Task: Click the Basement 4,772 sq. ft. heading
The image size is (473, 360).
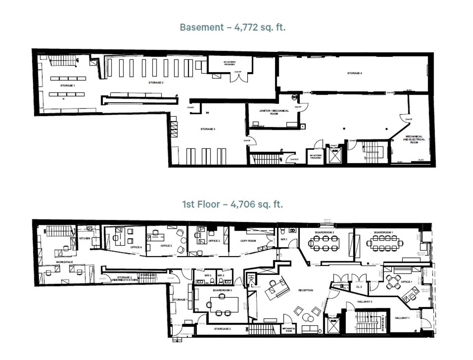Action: coord(232,27)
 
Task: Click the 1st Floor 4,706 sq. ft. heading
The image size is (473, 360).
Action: coord(232,204)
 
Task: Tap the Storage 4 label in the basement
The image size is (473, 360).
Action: coord(354,73)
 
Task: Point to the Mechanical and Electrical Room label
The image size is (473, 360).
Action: coord(414,139)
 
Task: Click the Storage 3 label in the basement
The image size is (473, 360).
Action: coord(207,129)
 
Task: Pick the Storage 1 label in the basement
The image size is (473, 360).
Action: coord(67,86)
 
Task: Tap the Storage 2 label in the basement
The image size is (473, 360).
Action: coord(156,83)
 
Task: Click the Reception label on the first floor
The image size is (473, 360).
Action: coord(306,291)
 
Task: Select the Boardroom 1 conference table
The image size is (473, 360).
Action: coord(385,243)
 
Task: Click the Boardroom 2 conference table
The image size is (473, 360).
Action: coord(324,243)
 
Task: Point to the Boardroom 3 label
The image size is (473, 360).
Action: coord(222,291)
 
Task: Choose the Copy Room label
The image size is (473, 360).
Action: coord(248,241)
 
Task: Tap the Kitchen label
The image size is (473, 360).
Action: coord(85,239)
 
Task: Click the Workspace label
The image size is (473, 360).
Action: coord(64,262)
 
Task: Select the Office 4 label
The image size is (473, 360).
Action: coord(136,247)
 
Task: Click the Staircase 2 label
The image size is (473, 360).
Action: coord(222,329)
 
